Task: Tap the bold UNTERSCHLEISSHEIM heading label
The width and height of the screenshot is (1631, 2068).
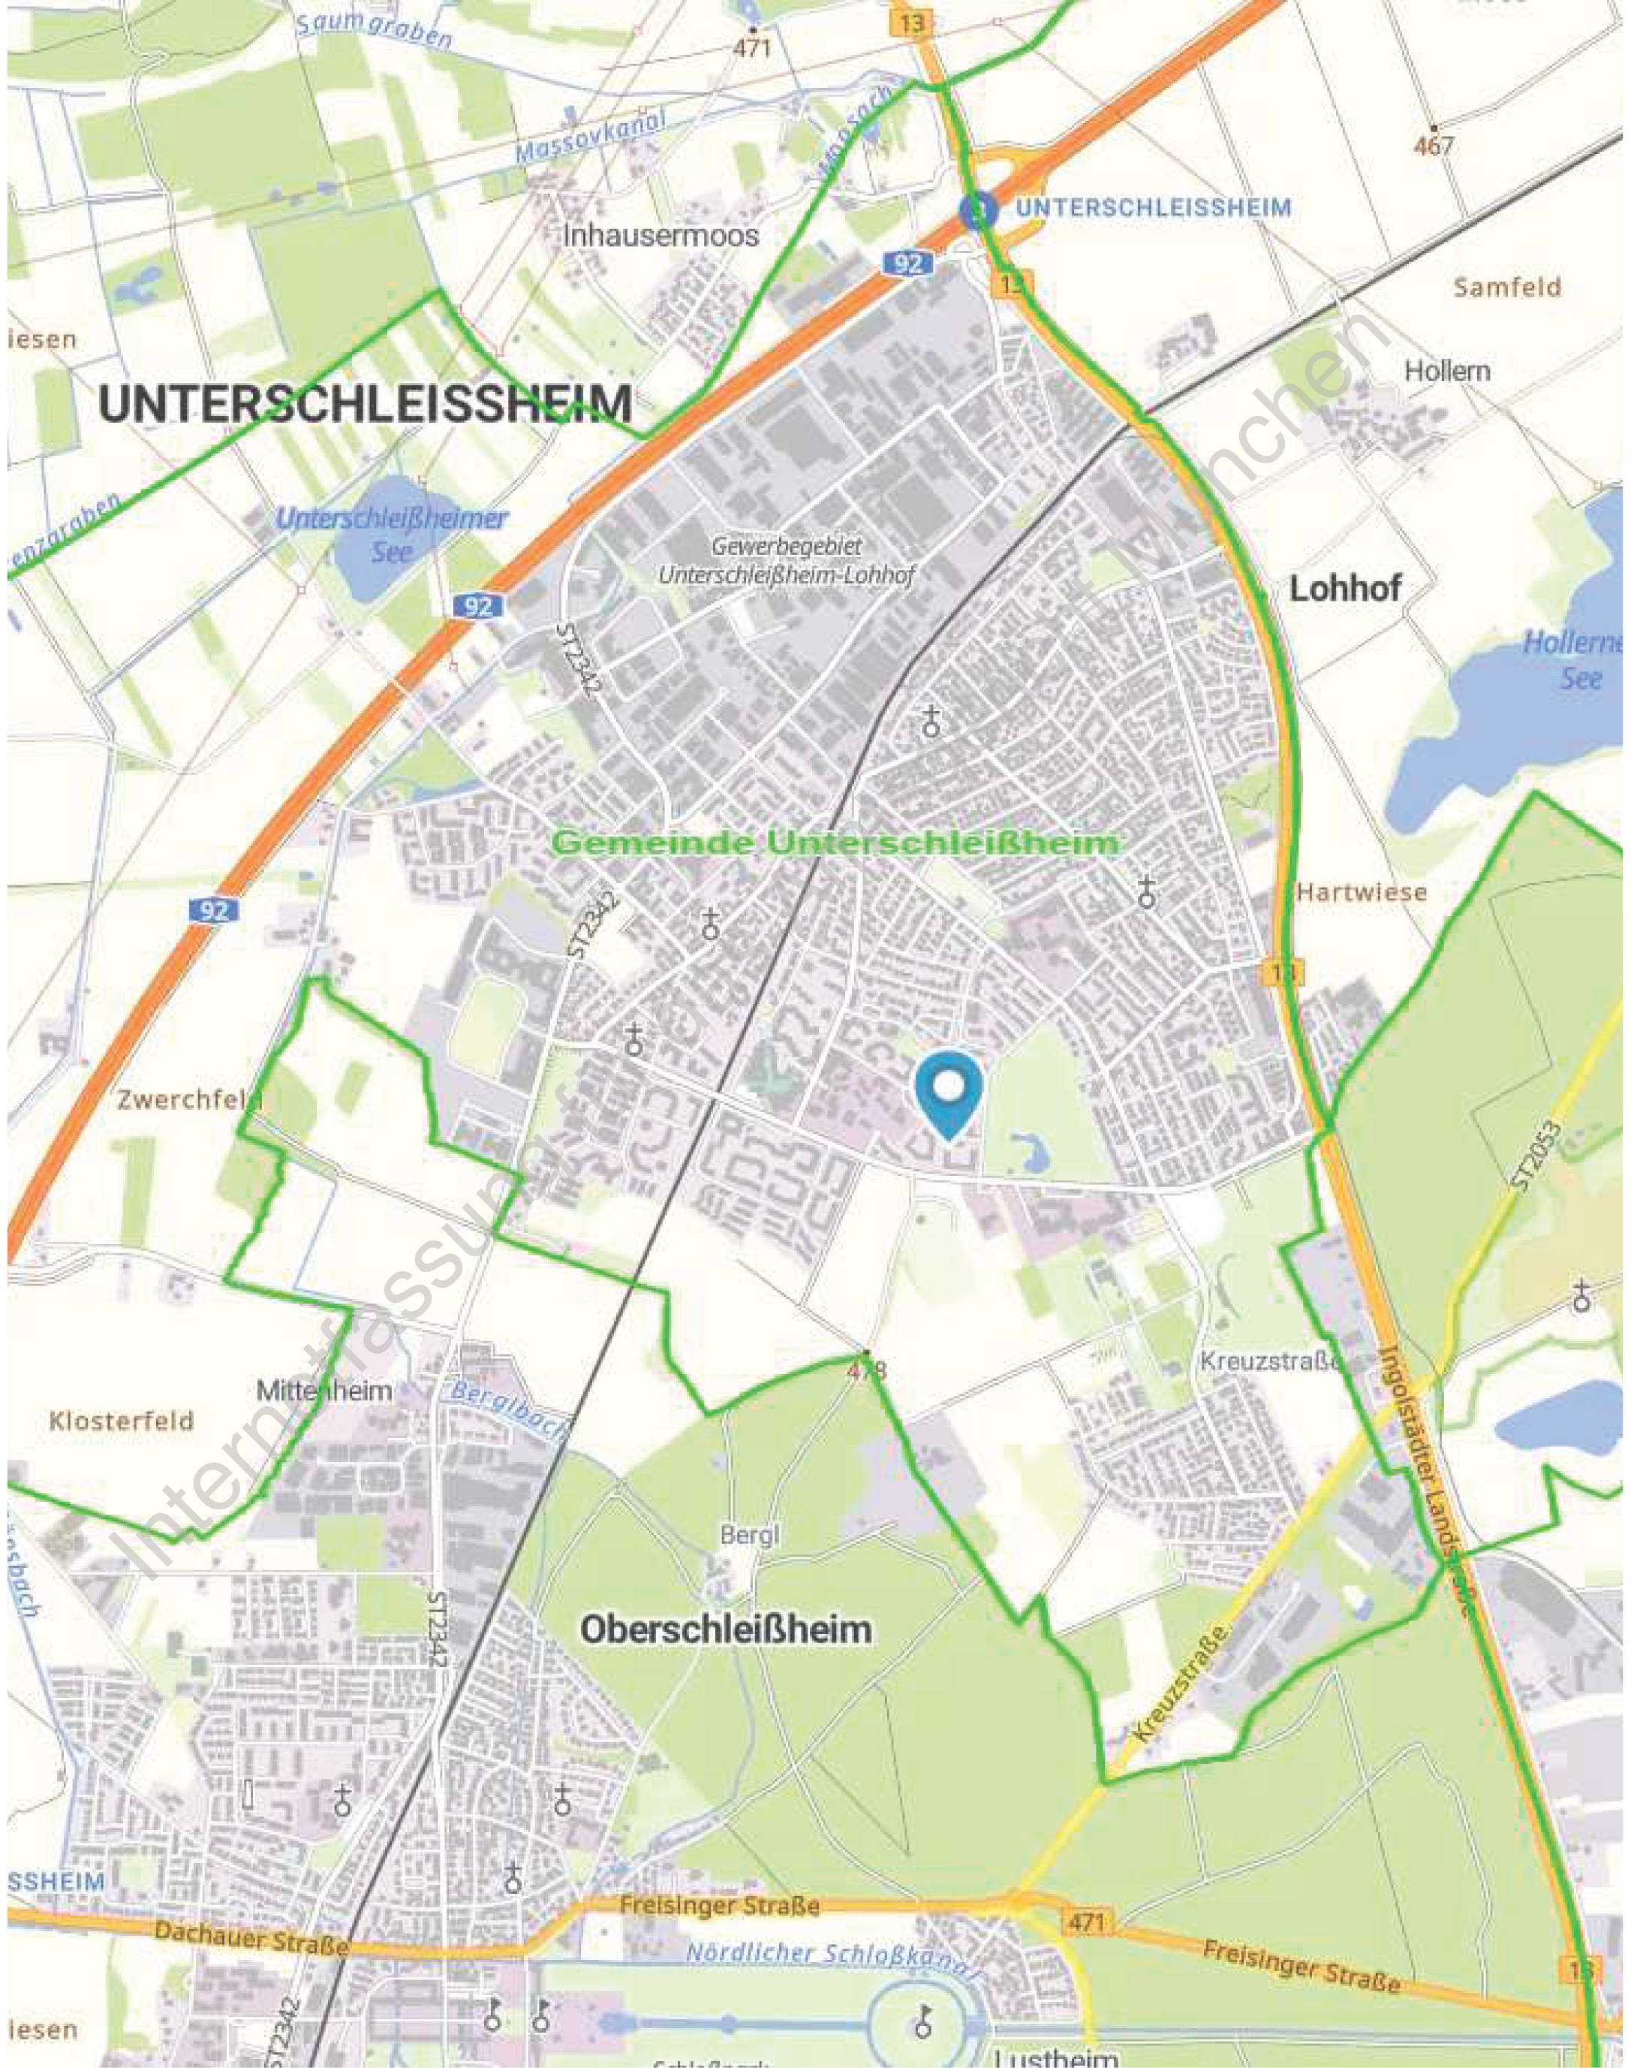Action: (x=365, y=405)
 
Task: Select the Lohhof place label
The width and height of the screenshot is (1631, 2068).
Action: (x=1346, y=589)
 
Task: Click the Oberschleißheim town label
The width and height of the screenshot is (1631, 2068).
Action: (x=726, y=1629)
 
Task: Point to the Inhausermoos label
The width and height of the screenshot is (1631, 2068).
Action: (x=660, y=235)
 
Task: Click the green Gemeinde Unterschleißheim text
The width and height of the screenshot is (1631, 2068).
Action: (x=835, y=843)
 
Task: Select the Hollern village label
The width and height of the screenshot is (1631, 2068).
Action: (x=1446, y=371)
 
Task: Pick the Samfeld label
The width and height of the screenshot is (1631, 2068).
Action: (x=1507, y=287)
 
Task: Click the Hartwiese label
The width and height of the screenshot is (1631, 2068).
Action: (x=1361, y=892)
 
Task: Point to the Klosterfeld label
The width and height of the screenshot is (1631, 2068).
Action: (x=122, y=1421)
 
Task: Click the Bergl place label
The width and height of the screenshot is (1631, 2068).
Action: (x=750, y=1535)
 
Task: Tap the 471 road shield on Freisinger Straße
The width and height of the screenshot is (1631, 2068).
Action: (x=1086, y=1921)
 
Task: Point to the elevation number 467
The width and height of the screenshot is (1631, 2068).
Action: (x=1434, y=145)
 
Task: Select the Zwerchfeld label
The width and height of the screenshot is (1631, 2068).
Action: (x=189, y=1099)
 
